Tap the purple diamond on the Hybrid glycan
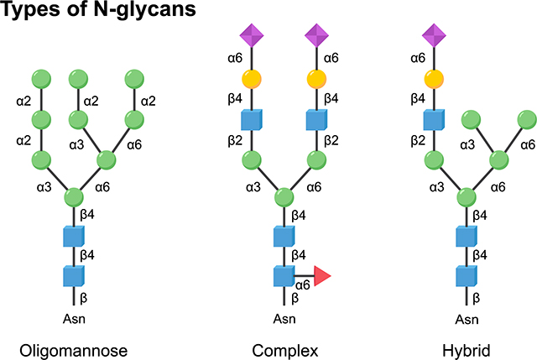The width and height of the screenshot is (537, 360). (x=434, y=36)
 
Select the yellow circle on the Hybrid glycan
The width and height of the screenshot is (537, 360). (x=434, y=80)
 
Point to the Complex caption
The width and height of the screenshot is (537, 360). (x=284, y=349)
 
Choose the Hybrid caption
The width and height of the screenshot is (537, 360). (x=469, y=349)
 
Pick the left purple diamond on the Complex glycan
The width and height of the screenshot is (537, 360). (x=253, y=36)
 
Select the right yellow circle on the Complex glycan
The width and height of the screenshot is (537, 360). (x=316, y=80)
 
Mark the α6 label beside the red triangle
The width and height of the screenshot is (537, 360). (x=302, y=285)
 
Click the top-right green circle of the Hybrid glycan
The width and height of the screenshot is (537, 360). (x=527, y=119)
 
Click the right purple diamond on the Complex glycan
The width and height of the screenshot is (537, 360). (x=316, y=36)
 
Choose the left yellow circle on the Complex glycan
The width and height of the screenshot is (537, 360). (x=253, y=80)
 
